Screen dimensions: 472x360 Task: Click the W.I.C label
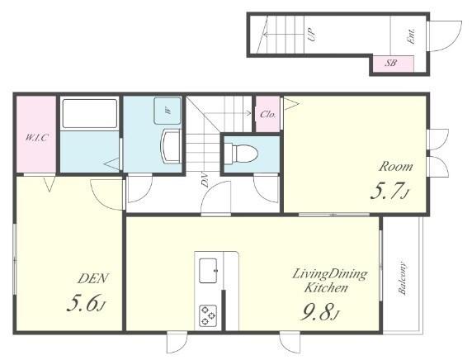36,138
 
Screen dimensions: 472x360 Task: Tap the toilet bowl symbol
242,154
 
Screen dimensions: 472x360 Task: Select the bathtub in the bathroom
89,113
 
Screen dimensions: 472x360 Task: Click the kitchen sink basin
208,270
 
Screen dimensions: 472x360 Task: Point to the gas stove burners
208,315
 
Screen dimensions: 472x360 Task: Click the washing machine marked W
168,111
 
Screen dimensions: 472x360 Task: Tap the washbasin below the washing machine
172,146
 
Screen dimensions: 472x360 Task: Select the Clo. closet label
268,115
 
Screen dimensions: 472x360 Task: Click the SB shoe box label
391,64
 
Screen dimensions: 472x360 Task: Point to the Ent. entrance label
412,36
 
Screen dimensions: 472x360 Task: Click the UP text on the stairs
312,34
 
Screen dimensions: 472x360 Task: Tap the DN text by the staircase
205,180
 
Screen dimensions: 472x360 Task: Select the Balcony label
403,276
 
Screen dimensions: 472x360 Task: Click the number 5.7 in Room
386,191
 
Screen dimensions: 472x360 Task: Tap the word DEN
92,278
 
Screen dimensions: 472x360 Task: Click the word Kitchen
326,287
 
